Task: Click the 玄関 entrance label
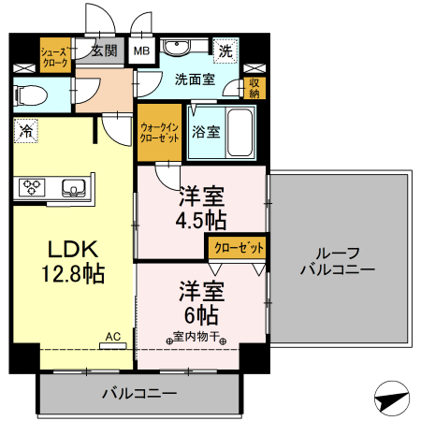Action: pos(103,51)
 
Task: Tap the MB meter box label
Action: pos(141,51)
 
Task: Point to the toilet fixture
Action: pos(27,94)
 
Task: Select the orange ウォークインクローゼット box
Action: pos(158,131)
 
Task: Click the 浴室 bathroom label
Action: pos(206,131)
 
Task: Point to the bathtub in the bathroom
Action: pos(240,132)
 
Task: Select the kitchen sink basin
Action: pos(73,188)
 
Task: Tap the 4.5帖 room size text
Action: pos(202,221)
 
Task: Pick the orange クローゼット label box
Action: pos(236,248)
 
